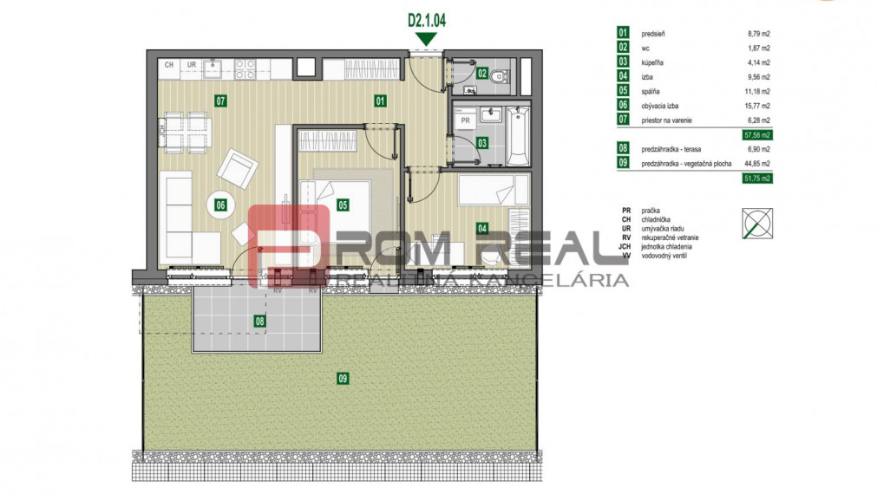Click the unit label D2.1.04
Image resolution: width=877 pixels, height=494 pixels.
point(425,16)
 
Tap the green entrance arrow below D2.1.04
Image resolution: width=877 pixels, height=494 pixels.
point(425,37)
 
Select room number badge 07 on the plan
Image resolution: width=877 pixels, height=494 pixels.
point(220,101)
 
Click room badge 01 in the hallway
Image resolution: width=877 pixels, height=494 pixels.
point(380,101)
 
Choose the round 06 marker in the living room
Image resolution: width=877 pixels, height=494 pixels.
point(220,205)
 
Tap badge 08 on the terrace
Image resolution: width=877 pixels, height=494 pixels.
point(259,322)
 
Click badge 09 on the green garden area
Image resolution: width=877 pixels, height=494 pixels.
point(343,378)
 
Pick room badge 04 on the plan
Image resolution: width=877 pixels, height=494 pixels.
point(481,229)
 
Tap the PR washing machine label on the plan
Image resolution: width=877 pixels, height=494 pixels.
point(465,120)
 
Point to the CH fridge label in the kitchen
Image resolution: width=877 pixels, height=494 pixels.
point(169,65)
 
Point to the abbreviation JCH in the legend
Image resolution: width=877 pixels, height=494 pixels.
point(625,247)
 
